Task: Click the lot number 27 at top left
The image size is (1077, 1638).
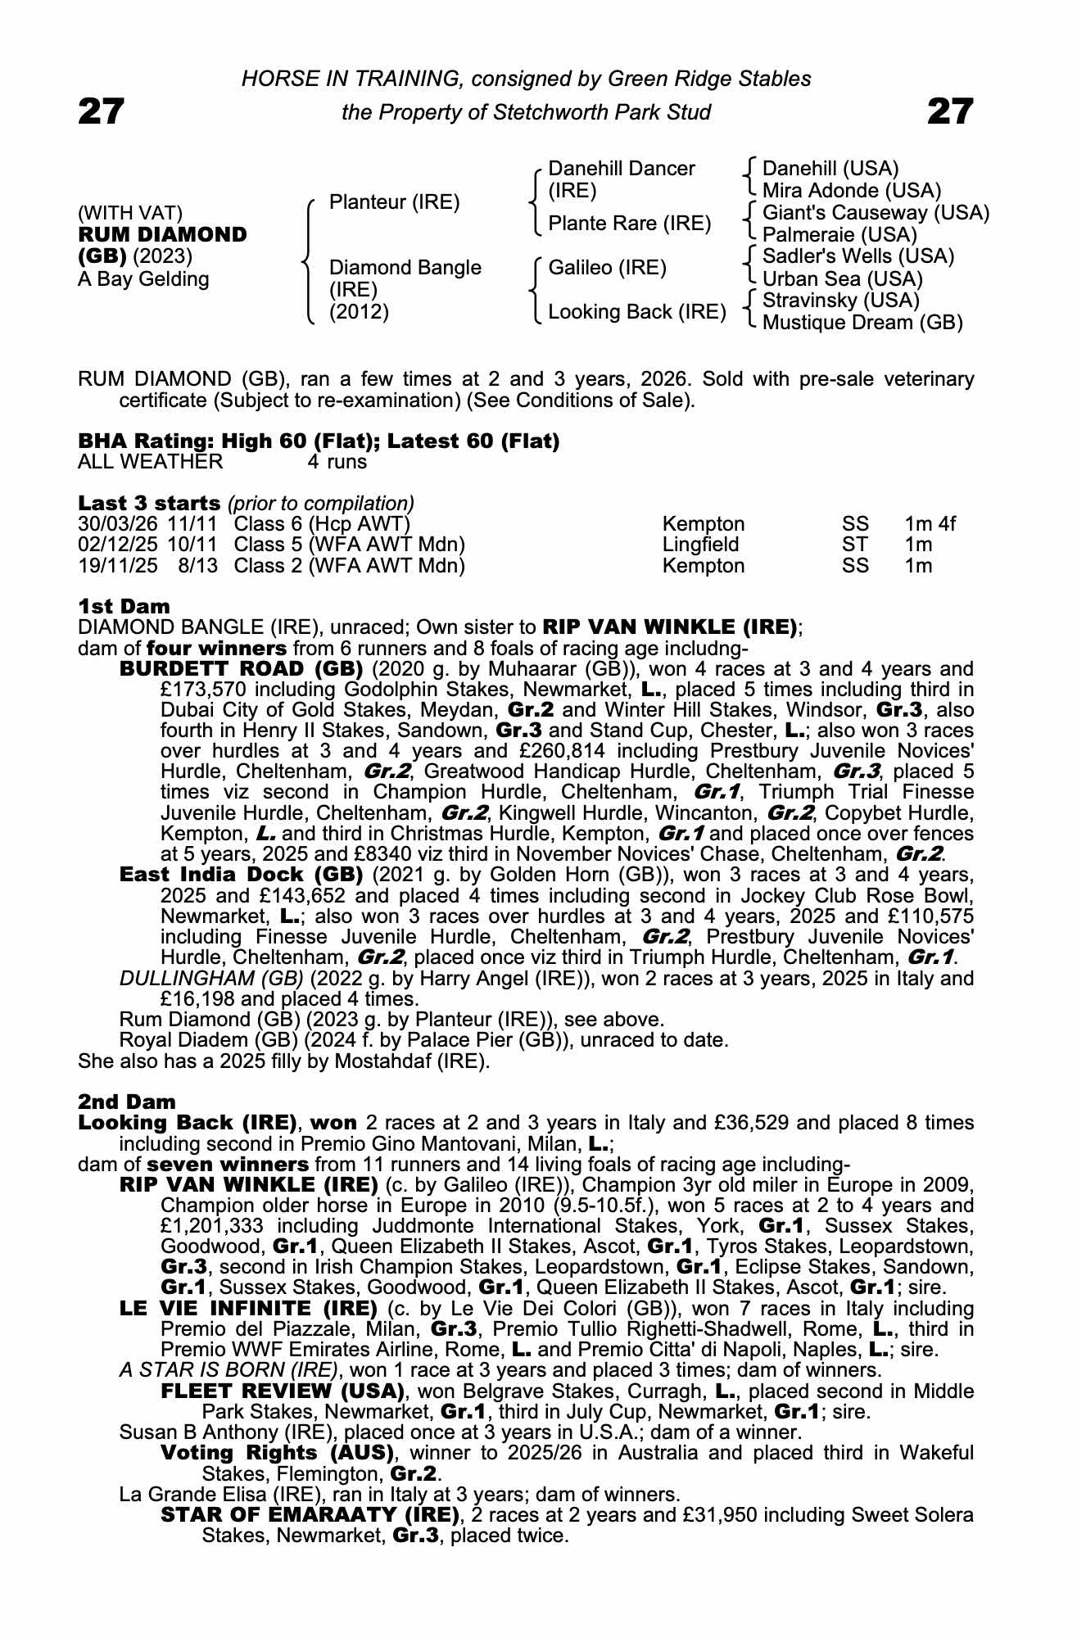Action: point(101,111)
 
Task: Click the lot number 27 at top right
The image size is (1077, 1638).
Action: point(950,111)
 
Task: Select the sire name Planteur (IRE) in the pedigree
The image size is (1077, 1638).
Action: point(394,202)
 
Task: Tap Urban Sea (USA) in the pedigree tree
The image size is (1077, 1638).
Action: point(842,279)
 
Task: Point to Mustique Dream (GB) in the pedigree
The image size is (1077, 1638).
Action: point(862,323)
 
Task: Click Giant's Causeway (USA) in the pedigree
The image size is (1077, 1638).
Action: point(875,213)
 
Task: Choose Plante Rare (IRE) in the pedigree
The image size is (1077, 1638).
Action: point(629,224)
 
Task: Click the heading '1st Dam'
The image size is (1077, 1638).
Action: point(124,607)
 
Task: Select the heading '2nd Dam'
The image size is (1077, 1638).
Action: point(126,1102)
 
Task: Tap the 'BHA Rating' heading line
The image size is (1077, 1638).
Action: point(318,441)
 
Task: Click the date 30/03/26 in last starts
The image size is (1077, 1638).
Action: point(119,524)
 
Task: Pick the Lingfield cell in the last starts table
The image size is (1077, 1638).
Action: point(700,545)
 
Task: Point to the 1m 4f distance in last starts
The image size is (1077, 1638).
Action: point(930,524)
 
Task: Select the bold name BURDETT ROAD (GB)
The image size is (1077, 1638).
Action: point(241,669)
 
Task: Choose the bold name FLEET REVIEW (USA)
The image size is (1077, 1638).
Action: point(283,1391)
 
